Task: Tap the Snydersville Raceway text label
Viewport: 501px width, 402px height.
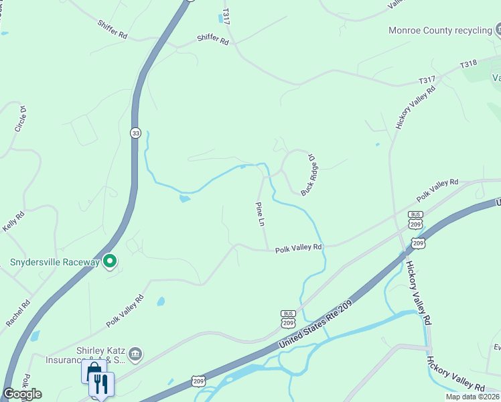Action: coord(54,262)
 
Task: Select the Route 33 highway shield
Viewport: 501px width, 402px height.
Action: coord(135,132)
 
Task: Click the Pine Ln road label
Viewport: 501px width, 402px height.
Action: coord(260,214)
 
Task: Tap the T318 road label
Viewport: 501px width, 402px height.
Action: coord(468,64)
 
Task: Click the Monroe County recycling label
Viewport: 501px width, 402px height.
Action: coord(439,31)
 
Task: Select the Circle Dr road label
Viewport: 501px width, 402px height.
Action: coord(21,119)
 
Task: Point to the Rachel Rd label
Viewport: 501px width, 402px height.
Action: coord(18,314)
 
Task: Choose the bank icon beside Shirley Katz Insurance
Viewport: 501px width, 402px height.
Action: coord(135,354)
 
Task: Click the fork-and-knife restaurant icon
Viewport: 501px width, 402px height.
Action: coord(101,384)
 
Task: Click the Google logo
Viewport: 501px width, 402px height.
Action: coord(22,394)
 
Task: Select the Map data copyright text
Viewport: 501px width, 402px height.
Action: coord(472,397)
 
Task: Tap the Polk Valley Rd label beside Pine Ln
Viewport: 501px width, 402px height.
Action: coord(299,247)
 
